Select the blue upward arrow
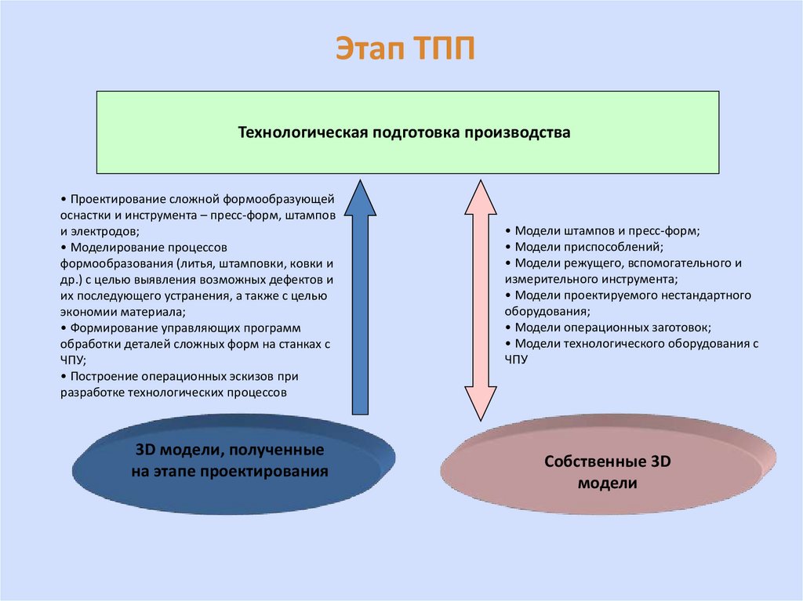pos(360,298)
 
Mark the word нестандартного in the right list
pos(703,295)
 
